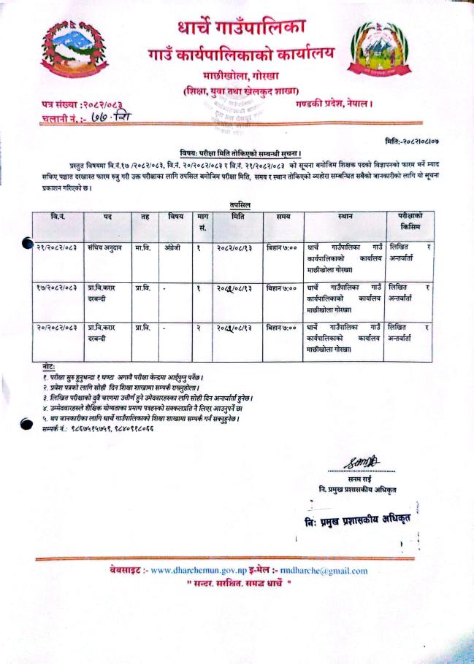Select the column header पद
(107, 217)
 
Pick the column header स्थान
(345, 217)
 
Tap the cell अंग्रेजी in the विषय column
(174, 248)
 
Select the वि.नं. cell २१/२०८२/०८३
(56, 248)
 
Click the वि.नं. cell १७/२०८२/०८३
(56, 289)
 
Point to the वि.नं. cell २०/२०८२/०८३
(56, 329)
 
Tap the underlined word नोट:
(49, 366)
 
